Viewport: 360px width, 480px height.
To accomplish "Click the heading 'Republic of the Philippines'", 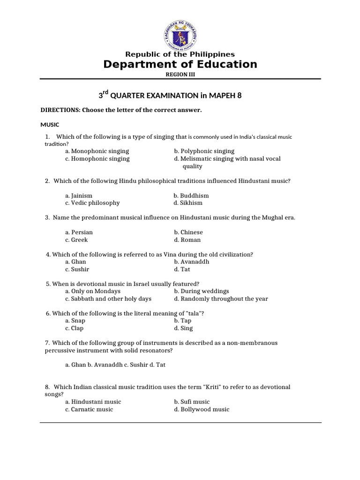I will click(x=180, y=54).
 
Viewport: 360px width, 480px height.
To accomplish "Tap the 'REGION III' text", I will click(x=180, y=74).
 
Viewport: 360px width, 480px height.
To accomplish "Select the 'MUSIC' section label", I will click(x=49, y=125).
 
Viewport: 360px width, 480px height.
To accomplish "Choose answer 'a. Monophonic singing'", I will click(x=97, y=151).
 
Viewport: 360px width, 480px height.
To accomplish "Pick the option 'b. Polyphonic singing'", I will click(x=204, y=151).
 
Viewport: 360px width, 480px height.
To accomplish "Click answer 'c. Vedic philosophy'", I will click(x=92, y=203).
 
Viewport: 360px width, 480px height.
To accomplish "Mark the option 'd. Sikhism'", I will click(x=188, y=203).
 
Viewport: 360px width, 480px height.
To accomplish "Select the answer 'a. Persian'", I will click(x=79, y=232).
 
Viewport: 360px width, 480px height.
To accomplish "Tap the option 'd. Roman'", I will click(x=187, y=240).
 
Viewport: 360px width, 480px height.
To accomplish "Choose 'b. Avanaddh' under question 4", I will click(x=191, y=262).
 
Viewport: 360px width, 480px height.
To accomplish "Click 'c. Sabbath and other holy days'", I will click(x=108, y=299).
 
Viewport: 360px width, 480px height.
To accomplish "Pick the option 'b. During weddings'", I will click(x=201, y=291).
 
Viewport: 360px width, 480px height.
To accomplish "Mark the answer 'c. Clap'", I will click(x=74, y=328).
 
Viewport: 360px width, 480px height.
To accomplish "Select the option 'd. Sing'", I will click(x=183, y=328).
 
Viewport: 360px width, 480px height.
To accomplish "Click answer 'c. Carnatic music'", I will click(x=89, y=409).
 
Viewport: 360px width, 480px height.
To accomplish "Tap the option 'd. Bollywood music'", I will click(x=202, y=409).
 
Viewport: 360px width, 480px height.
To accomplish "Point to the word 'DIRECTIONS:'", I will click(x=60, y=110).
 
